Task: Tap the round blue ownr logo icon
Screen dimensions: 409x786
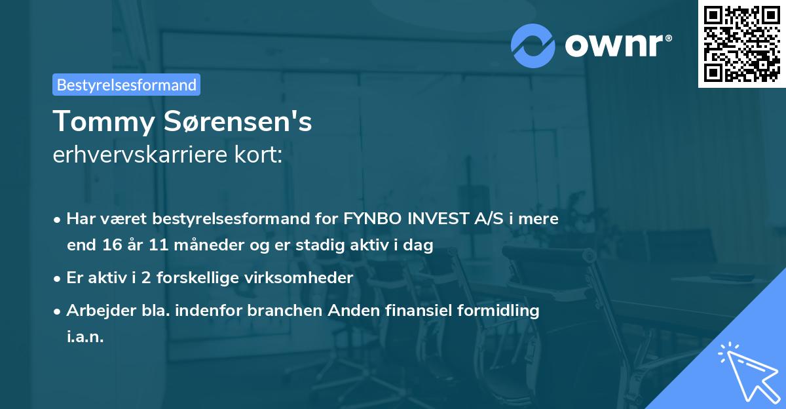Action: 533,45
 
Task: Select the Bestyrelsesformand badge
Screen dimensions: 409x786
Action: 126,85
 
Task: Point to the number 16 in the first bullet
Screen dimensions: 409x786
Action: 111,245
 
